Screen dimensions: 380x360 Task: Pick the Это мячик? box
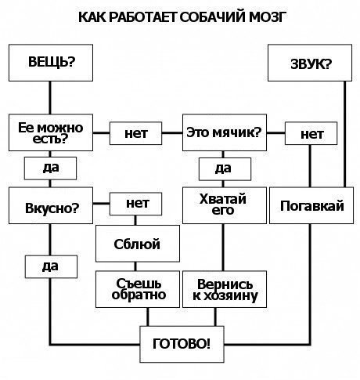[224, 133]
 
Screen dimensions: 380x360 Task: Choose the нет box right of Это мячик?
[311, 134]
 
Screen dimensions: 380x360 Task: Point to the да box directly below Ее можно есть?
[51, 168]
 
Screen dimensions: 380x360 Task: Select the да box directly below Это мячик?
[223, 168]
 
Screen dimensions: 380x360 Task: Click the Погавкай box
[311, 206]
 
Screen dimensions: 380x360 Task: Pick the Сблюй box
[136, 244]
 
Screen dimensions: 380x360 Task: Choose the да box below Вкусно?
[51, 266]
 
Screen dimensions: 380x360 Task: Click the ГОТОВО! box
[181, 342]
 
